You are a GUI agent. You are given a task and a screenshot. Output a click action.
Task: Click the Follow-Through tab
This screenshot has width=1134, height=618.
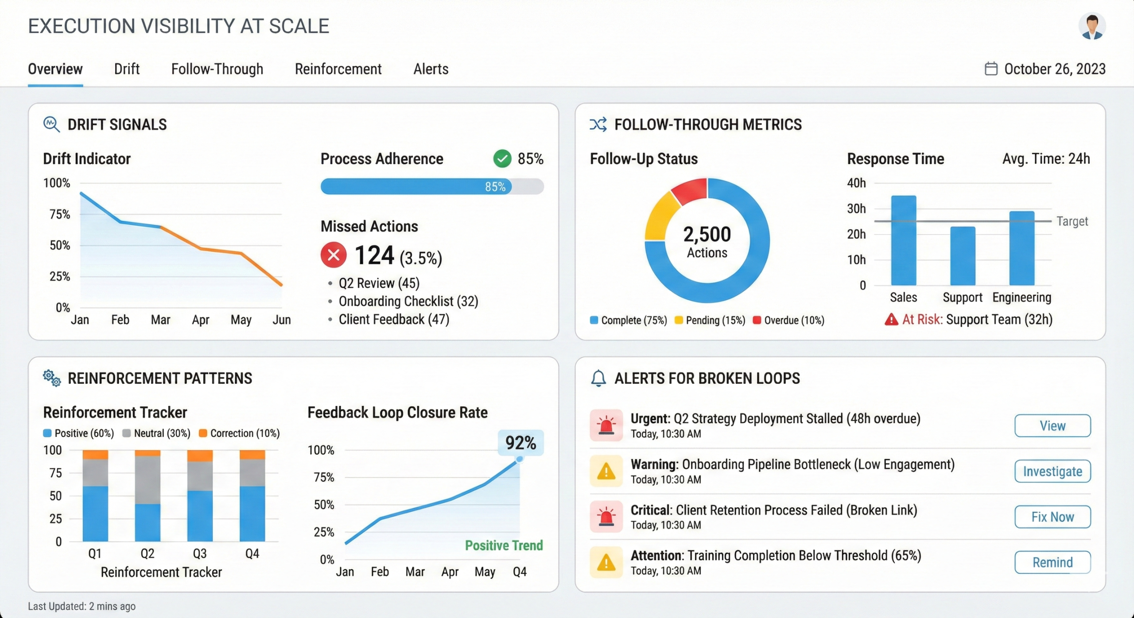tap(217, 69)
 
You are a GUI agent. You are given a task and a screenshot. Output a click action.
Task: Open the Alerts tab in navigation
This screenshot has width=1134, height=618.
tap(431, 69)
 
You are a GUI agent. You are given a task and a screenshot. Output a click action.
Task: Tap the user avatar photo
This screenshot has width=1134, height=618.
tap(1091, 27)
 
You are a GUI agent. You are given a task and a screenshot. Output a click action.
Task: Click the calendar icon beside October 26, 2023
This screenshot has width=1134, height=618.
tap(990, 69)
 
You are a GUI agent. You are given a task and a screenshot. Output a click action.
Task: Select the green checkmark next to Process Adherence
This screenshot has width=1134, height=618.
tap(502, 158)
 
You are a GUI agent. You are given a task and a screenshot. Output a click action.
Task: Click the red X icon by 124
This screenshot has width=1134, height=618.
tap(333, 255)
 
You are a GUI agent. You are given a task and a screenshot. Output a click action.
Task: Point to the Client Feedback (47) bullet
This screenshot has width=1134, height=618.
tap(393, 319)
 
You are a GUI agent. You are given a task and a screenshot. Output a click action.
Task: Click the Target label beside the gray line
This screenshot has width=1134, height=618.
tap(1072, 221)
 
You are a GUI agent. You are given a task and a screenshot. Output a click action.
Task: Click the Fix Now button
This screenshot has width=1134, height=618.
tap(1052, 517)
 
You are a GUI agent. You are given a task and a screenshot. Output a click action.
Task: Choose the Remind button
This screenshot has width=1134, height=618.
tap(1052, 562)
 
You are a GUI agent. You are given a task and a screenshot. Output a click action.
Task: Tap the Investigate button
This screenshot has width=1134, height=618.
tap(1052, 471)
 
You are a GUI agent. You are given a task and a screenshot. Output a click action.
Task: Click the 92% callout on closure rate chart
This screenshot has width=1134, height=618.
tap(520, 443)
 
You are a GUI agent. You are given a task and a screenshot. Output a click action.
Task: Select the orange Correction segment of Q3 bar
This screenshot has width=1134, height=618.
tap(200, 456)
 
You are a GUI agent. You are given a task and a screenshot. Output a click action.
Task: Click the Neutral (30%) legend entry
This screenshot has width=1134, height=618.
tap(157, 433)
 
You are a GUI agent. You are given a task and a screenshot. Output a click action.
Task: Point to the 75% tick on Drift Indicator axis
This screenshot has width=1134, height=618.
tap(59, 214)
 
